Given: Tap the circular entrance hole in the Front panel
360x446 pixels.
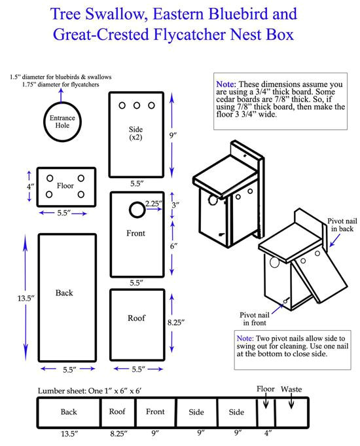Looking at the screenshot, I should click(136, 210).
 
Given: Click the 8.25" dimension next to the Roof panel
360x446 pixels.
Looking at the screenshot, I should click(176, 322).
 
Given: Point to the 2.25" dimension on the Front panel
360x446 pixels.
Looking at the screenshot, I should click(155, 203).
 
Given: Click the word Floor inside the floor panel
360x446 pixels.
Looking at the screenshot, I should click(65, 186).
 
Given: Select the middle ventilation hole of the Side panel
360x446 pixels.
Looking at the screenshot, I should click(136, 105).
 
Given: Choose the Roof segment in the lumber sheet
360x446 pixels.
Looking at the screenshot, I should click(117, 413).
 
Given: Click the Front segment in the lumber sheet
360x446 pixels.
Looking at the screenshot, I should click(155, 413).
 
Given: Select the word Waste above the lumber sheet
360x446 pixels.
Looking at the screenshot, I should click(292, 389).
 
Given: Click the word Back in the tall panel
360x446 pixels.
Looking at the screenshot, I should click(64, 293).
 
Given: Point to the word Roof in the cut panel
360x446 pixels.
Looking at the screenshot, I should click(136, 318).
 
